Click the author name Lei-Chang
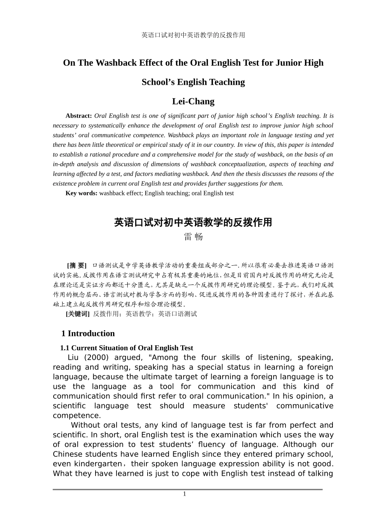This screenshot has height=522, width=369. point(193,101)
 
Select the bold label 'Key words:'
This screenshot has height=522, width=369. point(81,193)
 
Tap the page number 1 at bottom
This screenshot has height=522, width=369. point(184,494)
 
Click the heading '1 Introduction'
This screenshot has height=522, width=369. point(88,333)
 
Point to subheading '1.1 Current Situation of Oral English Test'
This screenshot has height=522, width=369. point(126,348)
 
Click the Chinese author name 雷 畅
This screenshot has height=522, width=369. point(193,237)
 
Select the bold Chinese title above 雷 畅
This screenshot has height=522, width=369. point(193,223)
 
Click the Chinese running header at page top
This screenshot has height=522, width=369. point(193,35)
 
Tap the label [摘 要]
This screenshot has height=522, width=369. point(77,265)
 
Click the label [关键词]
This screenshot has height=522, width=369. point(78,314)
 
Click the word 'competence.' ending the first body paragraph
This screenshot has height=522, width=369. point(71,415)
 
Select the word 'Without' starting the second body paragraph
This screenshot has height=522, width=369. point(86,425)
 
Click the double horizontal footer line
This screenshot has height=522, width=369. point(188,489)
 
